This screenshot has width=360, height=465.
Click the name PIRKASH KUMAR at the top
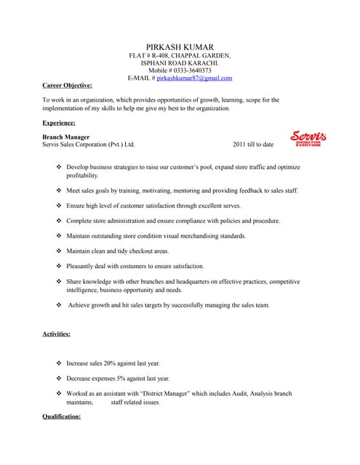180,46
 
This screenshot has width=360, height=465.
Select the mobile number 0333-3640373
191,70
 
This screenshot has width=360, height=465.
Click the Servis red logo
308,138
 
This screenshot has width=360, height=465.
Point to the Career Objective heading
67,85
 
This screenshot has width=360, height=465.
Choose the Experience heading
59,123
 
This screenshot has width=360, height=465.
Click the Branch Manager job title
66,137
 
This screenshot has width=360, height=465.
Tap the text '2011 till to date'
253,145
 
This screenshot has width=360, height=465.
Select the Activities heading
57,333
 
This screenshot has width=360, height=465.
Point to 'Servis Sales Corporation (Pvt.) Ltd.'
89,145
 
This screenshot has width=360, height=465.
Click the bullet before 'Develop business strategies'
60,167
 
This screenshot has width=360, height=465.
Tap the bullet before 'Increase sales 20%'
60,363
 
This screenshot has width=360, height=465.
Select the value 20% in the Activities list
114,363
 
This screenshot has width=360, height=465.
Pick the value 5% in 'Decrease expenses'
120,379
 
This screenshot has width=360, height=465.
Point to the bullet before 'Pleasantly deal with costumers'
60,266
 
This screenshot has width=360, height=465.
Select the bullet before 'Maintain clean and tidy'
60,251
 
